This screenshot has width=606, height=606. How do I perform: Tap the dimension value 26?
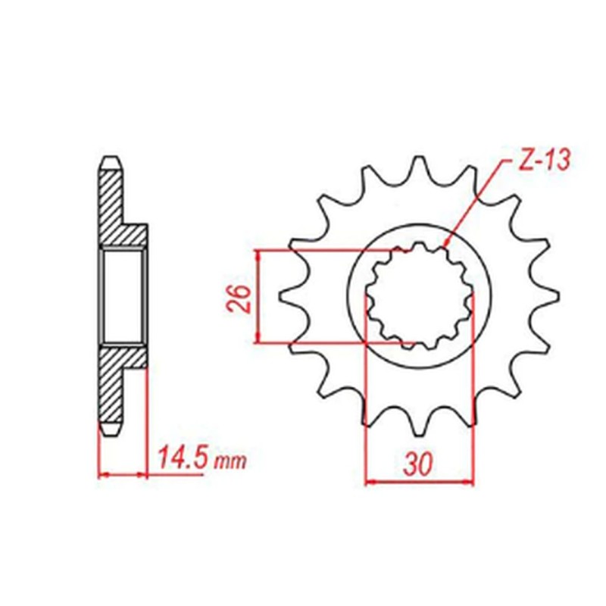(236, 297)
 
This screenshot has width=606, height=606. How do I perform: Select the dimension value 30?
(418, 463)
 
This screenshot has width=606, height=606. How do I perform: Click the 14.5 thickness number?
(181, 458)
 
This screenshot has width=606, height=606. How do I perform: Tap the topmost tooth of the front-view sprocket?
(418, 168)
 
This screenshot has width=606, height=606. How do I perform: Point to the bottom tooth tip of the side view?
(111, 433)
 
